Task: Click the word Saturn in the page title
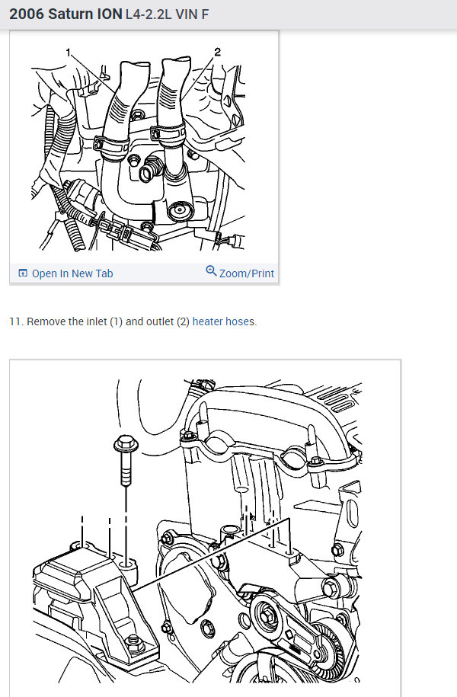click(71, 14)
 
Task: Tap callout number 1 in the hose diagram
click(69, 53)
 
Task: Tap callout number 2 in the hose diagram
click(217, 53)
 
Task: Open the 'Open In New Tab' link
click(72, 273)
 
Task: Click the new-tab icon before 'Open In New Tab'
click(22, 273)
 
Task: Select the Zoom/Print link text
click(246, 273)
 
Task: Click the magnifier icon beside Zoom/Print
click(211, 272)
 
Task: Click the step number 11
click(15, 321)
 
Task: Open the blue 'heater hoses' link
click(224, 321)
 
